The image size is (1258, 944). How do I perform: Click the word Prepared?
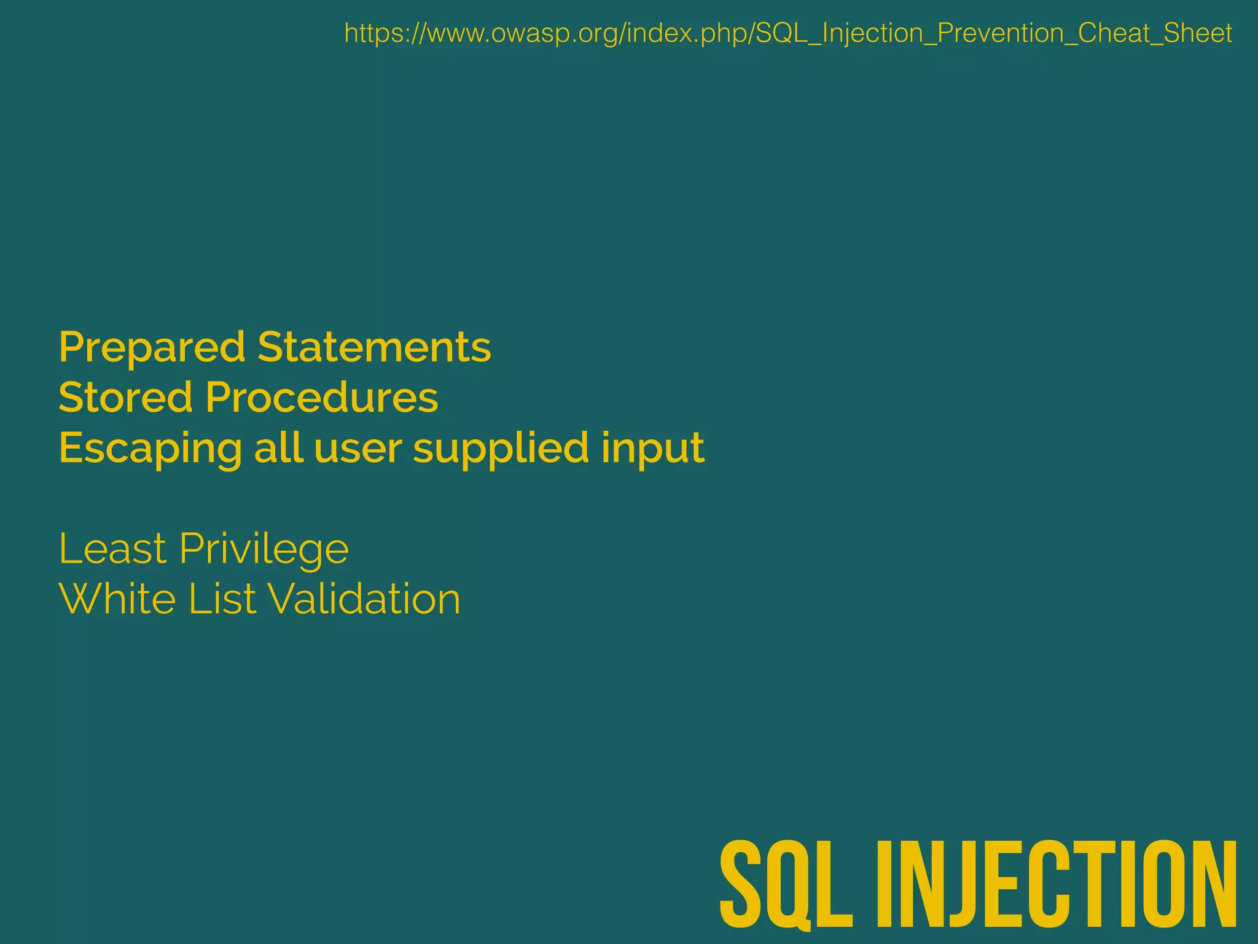pos(151,348)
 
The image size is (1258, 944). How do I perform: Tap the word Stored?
pos(125,397)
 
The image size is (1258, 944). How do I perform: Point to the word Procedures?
pos(322,397)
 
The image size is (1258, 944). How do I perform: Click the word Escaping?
pos(150,449)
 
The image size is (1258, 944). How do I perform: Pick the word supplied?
pos(501,449)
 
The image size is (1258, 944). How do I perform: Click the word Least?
pos(112,548)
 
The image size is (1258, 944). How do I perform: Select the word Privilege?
pos(264,549)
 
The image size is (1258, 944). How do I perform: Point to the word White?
pos(117,599)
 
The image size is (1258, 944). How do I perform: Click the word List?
pos(222,599)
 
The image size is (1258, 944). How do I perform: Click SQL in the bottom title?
pos(786,885)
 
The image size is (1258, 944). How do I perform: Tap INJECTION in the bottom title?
pos(1057,885)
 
